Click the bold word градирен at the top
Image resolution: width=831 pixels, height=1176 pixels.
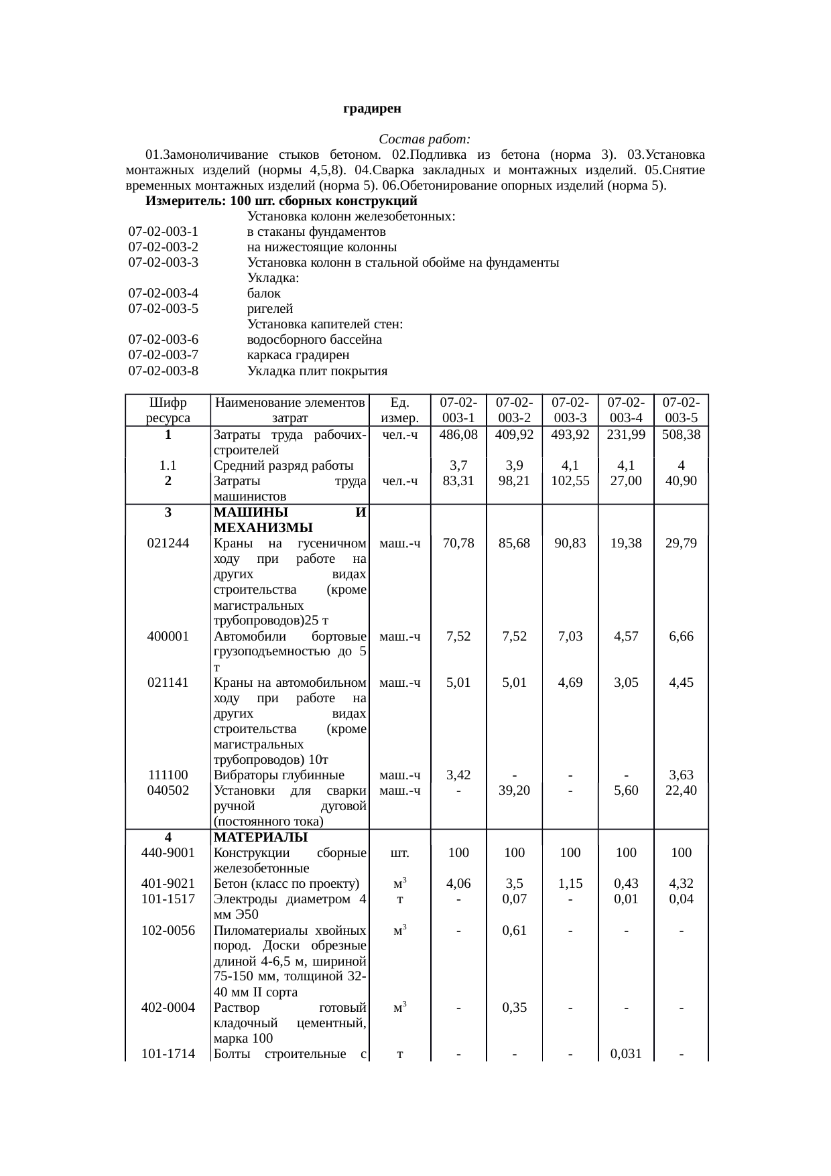tap(372, 108)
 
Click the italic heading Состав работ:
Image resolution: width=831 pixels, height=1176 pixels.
tap(424, 139)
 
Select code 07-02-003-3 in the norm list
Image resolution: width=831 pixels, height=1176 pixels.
tap(164, 263)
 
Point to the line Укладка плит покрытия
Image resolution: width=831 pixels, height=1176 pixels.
tap(318, 371)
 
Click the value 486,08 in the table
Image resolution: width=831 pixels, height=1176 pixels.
tap(458, 434)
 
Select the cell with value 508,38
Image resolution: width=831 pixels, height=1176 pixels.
tap(681, 434)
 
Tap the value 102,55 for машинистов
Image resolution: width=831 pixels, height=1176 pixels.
tap(570, 480)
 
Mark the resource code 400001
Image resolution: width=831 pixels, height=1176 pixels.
tap(168, 636)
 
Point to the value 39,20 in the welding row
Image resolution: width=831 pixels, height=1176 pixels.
tap(514, 790)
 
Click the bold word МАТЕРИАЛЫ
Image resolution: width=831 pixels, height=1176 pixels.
tap(260, 837)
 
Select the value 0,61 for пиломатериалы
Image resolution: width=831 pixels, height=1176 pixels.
tap(514, 929)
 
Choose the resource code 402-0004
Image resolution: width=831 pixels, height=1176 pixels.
tap(168, 1007)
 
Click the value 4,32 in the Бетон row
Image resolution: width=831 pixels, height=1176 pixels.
tap(681, 883)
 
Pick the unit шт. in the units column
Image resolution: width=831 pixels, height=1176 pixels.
tap(399, 853)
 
